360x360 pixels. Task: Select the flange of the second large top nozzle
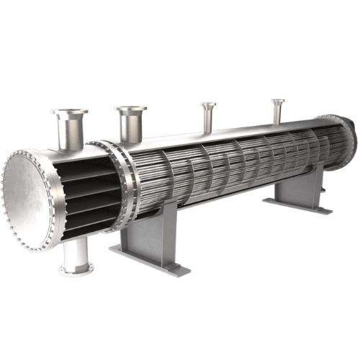click(130, 110)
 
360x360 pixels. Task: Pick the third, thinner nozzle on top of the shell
click(208, 116)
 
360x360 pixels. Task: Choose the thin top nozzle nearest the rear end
click(277, 109)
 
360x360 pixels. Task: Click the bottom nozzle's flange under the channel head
click(76, 269)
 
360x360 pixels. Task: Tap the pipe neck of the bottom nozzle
click(77, 251)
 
